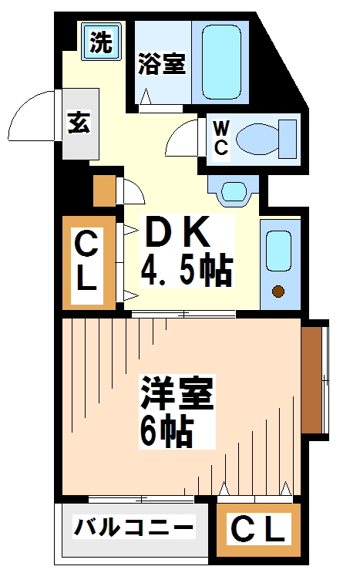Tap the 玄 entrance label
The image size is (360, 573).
click(76, 123)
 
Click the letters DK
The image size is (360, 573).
click(178, 231)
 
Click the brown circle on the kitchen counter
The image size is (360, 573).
click(278, 292)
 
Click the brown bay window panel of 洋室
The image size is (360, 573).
click(311, 377)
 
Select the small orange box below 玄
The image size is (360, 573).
click(103, 191)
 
